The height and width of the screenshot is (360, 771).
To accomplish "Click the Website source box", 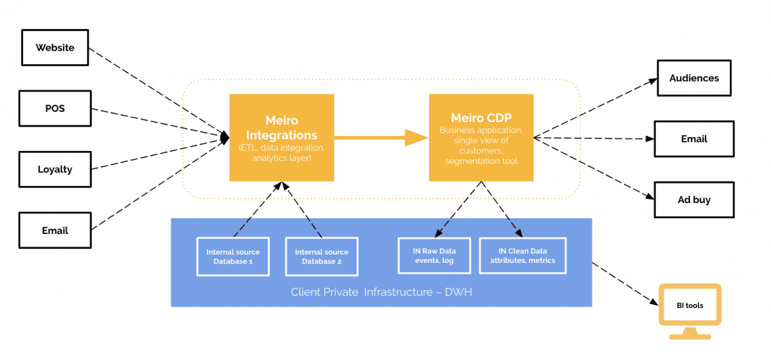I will [55, 48].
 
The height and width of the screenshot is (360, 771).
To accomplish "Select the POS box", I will [55, 108].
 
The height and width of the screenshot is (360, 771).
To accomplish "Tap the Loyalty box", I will [55, 170].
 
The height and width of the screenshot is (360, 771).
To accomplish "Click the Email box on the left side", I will [55, 230].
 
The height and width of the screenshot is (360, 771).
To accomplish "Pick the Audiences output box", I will [694, 78].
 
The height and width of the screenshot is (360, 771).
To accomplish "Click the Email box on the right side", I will [694, 139].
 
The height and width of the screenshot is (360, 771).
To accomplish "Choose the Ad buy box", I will [694, 199].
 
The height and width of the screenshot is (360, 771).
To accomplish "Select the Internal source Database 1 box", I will [233, 256].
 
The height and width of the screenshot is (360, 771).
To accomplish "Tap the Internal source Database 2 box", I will [321, 256].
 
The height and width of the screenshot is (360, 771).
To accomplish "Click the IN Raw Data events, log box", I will [434, 256].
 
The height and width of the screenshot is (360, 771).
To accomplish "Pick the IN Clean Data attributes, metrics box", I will [522, 256].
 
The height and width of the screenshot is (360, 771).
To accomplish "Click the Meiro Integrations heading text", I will [281, 128].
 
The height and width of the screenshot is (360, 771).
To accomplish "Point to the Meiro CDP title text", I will [481, 118].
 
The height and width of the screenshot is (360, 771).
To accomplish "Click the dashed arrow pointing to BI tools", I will [626, 283].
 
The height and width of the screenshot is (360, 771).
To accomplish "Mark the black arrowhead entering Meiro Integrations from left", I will [225, 137].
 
